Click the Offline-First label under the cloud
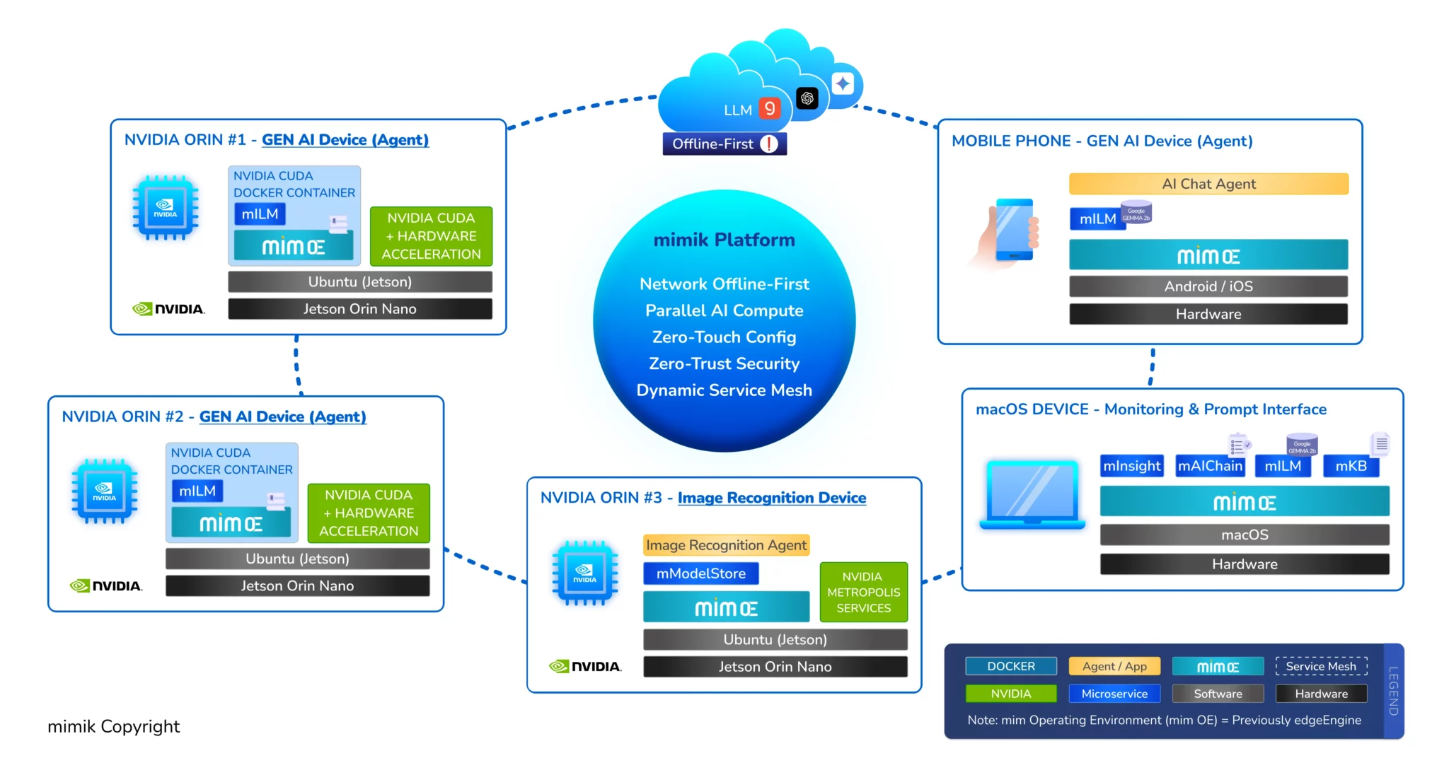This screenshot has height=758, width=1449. [x=724, y=144]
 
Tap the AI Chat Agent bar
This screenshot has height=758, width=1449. [x=1208, y=184]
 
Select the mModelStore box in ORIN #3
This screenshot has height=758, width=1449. [x=700, y=573]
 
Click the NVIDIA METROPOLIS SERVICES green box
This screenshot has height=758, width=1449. [x=863, y=593]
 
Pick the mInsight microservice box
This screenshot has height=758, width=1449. [x=1131, y=466]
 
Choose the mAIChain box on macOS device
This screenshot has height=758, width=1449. [x=1210, y=466]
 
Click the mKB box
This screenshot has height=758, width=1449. [x=1351, y=466]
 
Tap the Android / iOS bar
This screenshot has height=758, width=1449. [x=1208, y=286]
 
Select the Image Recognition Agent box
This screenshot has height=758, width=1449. [x=726, y=545]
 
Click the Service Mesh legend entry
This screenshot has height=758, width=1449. [x=1321, y=666]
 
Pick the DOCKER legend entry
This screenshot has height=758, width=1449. [x=1010, y=666]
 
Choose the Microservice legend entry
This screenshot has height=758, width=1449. [x=1114, y=694]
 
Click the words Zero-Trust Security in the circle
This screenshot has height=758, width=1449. [x=724, y=363]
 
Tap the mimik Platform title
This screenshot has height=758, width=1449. [x=724, y=240]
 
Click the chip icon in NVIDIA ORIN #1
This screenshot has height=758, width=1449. [x=166, y=209]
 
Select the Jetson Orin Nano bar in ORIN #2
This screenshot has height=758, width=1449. [x=297, y=585]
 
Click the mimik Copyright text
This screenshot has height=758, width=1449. [x=114, y=726]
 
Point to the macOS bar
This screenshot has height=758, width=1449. [x=1245, y=535]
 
